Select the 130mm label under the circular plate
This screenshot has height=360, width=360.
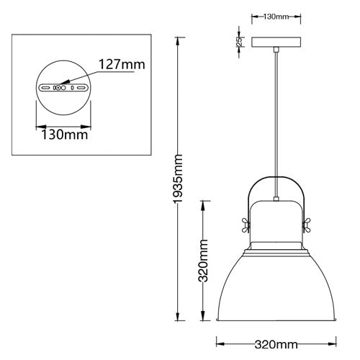(x=61, y=134)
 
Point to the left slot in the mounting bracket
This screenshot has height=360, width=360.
(x=47, y=87)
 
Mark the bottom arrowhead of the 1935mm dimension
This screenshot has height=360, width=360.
(x=179, y=320)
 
